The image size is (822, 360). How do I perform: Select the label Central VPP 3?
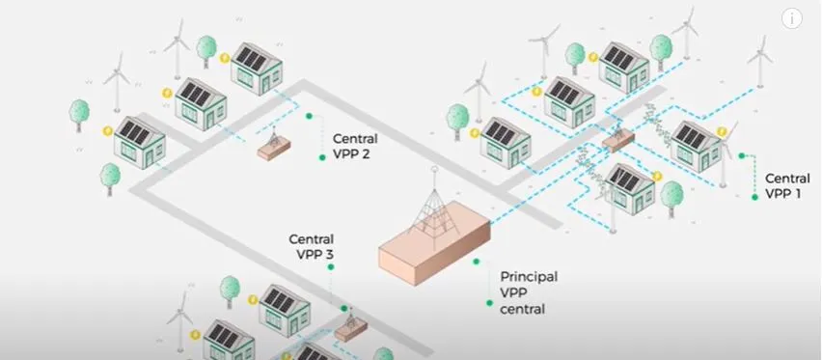(x=312, y=246)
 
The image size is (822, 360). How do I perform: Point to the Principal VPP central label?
(x=528, y=292)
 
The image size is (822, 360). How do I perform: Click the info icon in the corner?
(x=792, y=18)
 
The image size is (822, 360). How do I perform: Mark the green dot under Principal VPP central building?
(x=476, y=261)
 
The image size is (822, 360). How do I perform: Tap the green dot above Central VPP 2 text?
(x=309, y=117)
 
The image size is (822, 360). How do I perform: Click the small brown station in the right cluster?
(x=616, y=141)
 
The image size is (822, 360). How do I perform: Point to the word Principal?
(x=529, y=276)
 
